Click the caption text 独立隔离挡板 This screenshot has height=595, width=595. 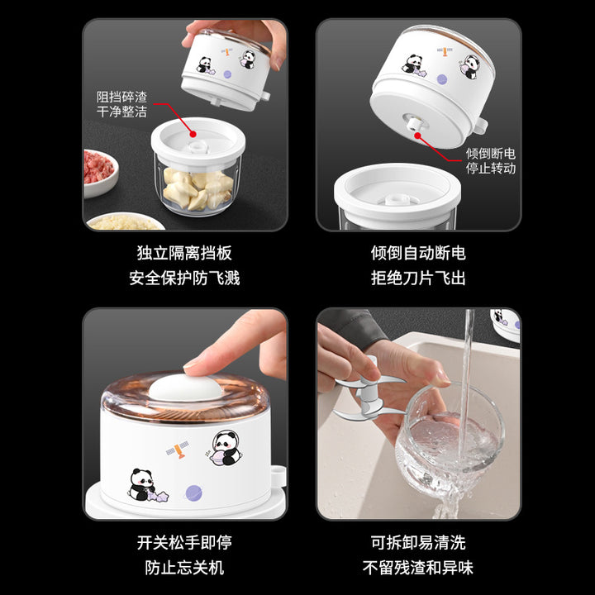[x=184, y=253]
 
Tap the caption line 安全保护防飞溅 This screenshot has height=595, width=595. [x=184, y=278]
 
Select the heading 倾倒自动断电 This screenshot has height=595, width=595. [x=418, y=253]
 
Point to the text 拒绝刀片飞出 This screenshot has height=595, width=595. [x=418, y=278]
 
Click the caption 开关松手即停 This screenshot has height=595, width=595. [x=184, y=543]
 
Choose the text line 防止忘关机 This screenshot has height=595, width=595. [x=184, y=568]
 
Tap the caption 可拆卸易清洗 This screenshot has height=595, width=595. [x=418, y=543]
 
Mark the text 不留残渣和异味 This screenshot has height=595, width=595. [x=418, y=568]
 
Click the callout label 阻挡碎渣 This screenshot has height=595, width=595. [x=121, y=98]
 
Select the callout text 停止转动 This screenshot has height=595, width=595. [x=491, y=168]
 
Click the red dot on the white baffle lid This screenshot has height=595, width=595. [x=193, y=134]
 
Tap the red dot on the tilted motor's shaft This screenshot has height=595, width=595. [x=417, y=136]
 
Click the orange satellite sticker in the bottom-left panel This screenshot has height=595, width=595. [x=178, y=450]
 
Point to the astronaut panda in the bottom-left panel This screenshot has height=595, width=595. [x=226, y=448]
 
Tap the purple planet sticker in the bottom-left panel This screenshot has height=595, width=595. [x=193, y=493]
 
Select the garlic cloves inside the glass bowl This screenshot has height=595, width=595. [x=198, y=188]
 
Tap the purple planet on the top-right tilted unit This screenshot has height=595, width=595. [x=442, y=79]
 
